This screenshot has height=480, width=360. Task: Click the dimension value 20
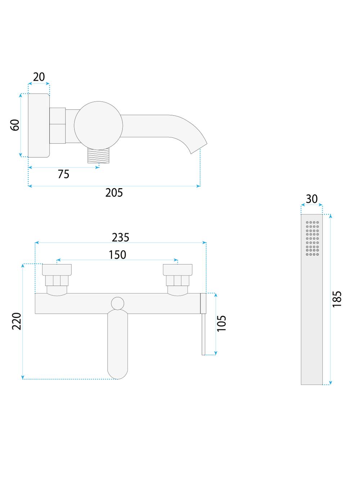(39, 77)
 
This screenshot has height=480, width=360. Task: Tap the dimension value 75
(63, 174)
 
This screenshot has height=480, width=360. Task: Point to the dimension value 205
(114, 193)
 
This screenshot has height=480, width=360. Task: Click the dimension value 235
(120, 237)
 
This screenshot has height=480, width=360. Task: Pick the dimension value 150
(117, 255)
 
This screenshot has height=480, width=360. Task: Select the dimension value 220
(17, 321)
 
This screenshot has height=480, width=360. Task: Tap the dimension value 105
(222, 323)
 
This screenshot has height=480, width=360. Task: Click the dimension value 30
(312, 199)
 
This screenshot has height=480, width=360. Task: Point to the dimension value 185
(337, 299)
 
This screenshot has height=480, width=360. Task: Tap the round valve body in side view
(98, 125)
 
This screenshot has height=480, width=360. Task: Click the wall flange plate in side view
(39, 125)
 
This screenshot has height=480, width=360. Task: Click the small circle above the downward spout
(118, 303)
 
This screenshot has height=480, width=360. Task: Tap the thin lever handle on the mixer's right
(203, 333)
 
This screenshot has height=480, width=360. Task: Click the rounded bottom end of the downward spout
(118, 373)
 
